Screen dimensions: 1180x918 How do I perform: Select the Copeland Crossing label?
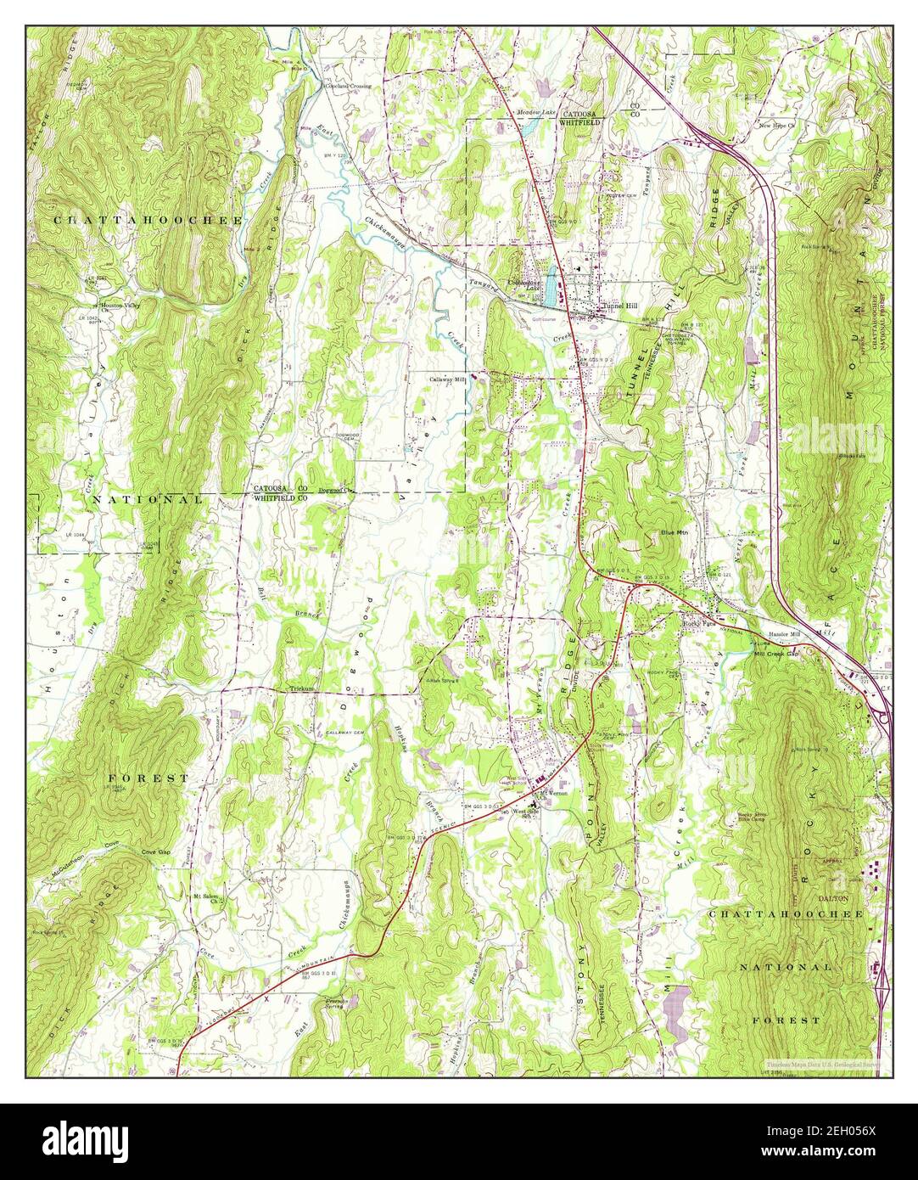[348, 87]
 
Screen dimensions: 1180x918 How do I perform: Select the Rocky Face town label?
[700, 621]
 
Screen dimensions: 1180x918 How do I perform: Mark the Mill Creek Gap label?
[776, 654]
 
